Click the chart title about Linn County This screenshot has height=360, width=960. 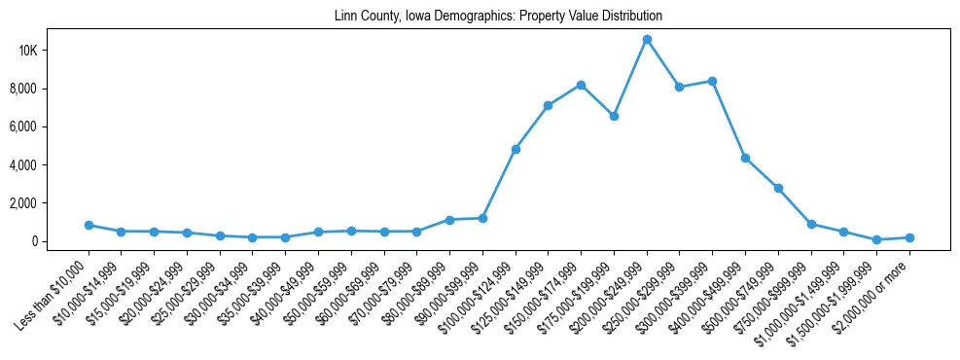coord(498,17)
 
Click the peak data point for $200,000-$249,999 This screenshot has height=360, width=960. coord(647,40)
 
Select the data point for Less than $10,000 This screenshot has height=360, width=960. coord(89,225)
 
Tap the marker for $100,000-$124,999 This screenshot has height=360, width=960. coord(516,149)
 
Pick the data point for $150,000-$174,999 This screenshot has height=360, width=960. coord(581,85)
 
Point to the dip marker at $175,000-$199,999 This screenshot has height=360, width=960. coord(614,116)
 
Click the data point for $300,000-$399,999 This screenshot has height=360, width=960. coord(712,81)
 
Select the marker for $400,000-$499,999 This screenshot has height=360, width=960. coord(745,158)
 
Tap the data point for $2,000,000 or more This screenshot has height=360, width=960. coord(909,237)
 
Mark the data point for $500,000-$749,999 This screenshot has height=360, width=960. coord(778,188)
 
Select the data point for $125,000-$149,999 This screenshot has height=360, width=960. coord(549,105)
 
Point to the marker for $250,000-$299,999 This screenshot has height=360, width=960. coord(680,87)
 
